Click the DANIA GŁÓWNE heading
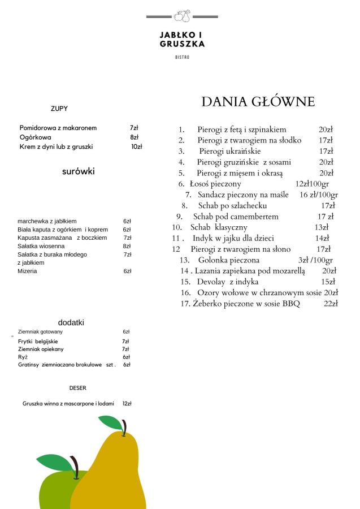[x=258, y=102]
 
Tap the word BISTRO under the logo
[x=182, y=57]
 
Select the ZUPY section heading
[x=59, y=109]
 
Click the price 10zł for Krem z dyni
[x=136, y=147]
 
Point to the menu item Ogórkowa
[x=36, y=137]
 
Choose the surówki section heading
[x=79, y=171]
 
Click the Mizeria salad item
[x=27, y=271]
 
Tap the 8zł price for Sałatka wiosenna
[x=127, y=247]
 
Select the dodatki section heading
[x=71, y=322]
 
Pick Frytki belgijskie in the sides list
[x=38, y=342]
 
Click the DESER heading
[x=78, y=388]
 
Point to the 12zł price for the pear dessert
[x=127, y=404]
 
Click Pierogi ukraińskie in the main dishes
[x=229, y=152]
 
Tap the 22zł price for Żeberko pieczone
[x=331, y=304]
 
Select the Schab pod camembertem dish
[x=236, y=217]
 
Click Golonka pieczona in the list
[x=229, y=260]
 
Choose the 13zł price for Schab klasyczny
[x=322, y=227]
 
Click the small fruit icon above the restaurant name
[x=182, y=16]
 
